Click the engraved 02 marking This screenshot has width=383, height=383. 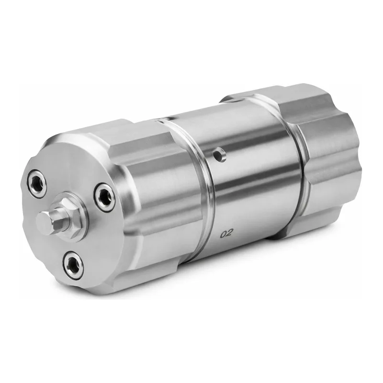point(225,234)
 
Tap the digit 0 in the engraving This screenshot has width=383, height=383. point(223,234)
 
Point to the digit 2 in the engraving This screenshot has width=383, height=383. point(229,234)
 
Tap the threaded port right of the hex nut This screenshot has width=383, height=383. point(104,195)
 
